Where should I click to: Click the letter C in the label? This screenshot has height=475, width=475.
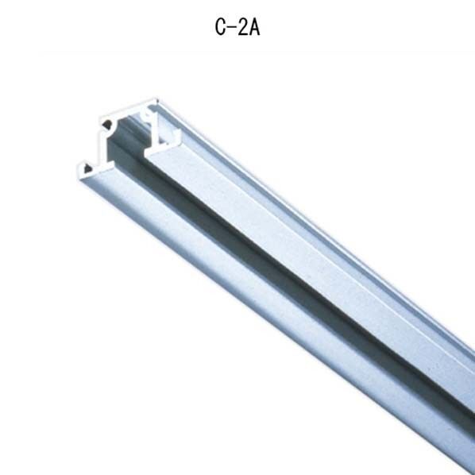click(x=219, y=27)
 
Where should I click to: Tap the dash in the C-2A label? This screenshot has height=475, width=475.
click(x=231, y=27)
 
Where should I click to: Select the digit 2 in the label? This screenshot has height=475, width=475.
click(x=243, y=27)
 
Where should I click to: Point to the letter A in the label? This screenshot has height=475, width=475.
click(x=255, y=27)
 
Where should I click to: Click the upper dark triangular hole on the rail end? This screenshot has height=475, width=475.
click(x=106, y=124)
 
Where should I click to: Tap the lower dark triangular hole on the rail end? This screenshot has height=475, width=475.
click(x=87, y=168)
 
